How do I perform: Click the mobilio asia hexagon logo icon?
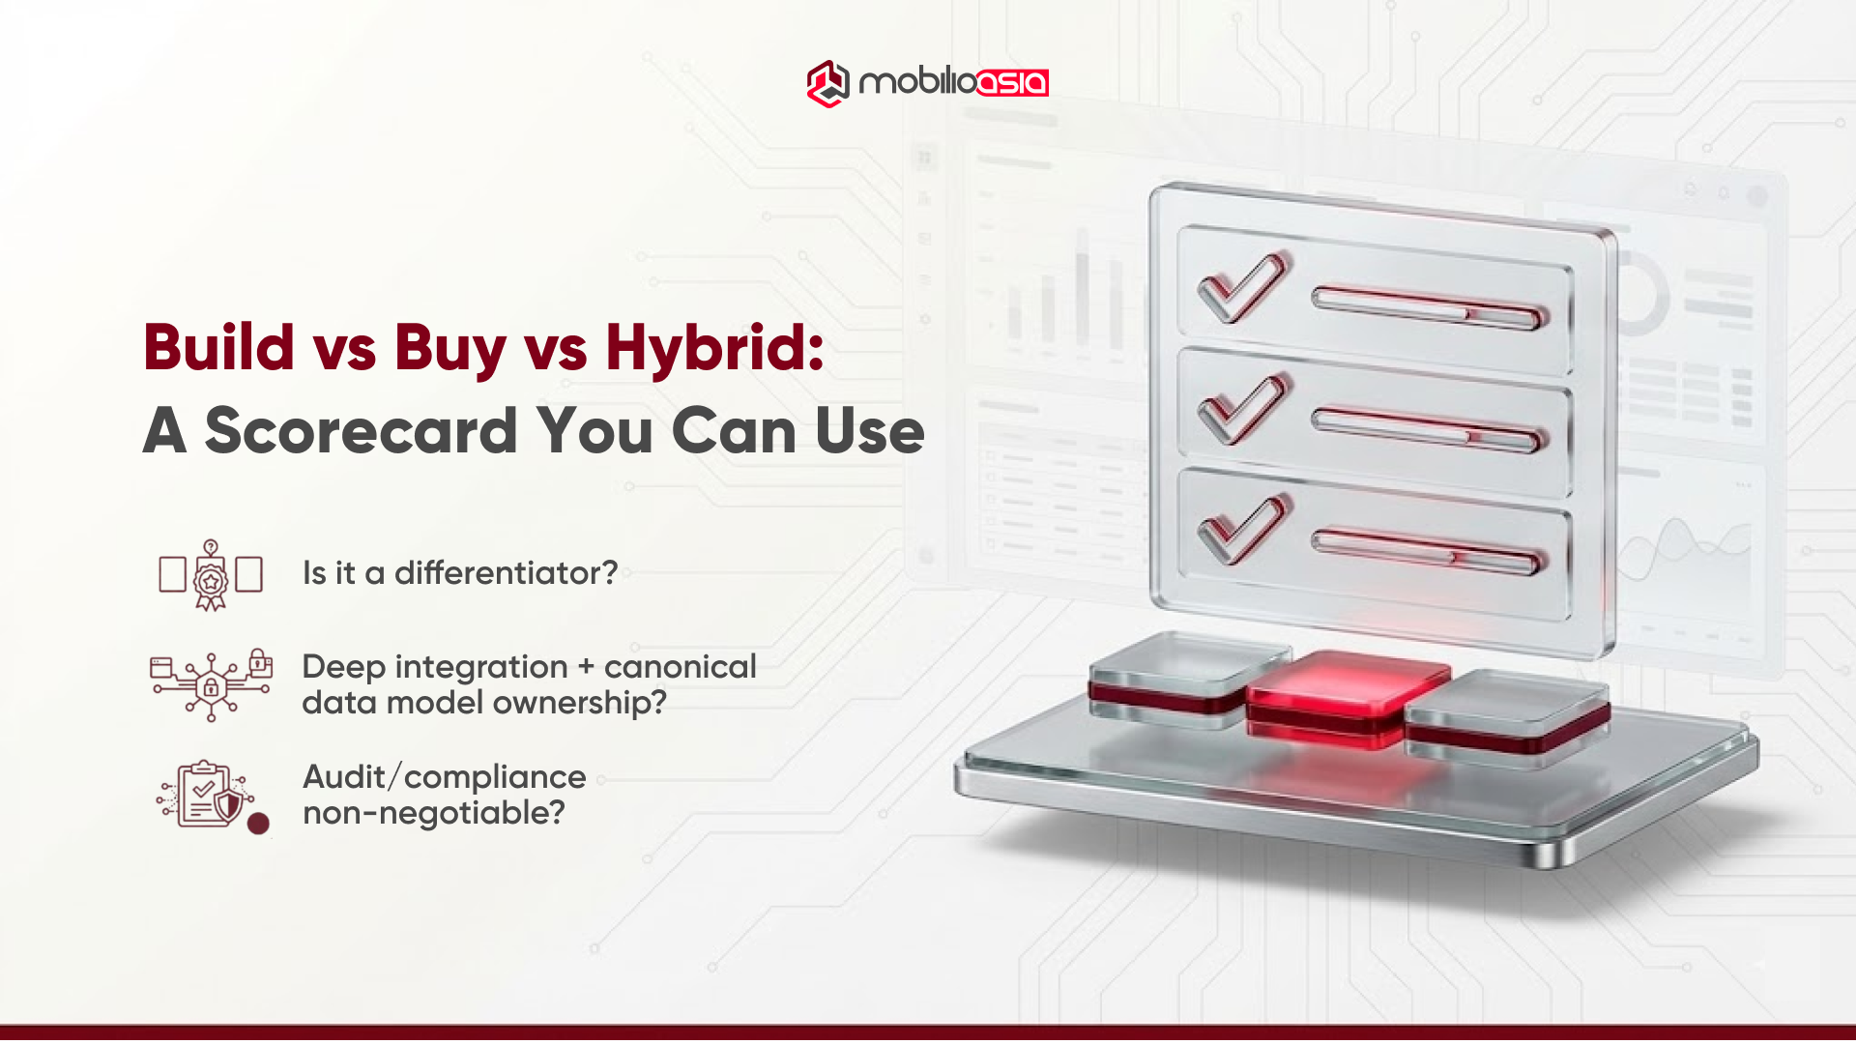(826, 83)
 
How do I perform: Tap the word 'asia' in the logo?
(1012, 83)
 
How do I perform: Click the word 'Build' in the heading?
(219, 347)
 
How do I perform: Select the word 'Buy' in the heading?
(449, 347)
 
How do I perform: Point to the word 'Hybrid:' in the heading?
(714, 347)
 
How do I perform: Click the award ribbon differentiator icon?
(211, 575)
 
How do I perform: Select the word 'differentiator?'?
(506, 573)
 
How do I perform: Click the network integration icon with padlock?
(211, 684)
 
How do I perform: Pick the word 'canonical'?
(680, 667)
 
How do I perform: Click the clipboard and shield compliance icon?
(206, 794)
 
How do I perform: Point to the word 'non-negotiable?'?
(434, 813)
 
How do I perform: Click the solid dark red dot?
(258, 824)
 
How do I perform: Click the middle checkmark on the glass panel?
(1243, 408)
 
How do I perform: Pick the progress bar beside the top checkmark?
(1429, 308)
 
